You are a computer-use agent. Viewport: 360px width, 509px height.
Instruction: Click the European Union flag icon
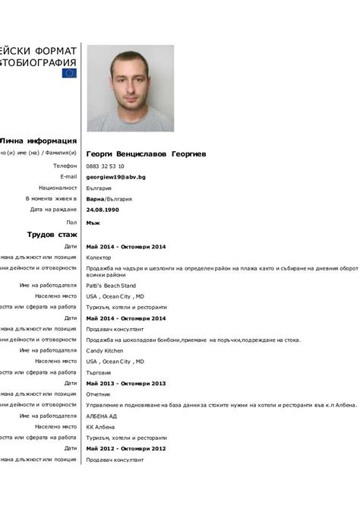tap(69, 74)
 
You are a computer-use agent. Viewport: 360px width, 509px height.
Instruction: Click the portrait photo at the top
tap(130, 88)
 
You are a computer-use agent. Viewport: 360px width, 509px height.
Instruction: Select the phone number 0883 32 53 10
tap(106, 166)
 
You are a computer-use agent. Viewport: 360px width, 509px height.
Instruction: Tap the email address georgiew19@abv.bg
tap(116, 177)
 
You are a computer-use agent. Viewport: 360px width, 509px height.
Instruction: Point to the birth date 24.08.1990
tap(103, 210)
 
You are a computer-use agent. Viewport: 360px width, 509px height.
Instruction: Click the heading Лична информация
tap(39, 141)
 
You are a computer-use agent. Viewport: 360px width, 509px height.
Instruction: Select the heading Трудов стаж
tap(52, 235)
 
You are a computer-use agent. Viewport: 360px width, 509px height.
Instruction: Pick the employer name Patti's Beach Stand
tap(112, 285)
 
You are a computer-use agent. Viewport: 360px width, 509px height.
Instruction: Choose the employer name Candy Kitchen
tap(105, 351)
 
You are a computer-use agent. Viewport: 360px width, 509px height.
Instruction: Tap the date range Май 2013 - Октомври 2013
tap(126, 384)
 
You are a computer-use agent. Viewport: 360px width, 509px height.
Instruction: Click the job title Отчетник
tap(99, 394)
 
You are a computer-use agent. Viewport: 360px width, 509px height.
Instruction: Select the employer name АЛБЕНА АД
tap(102, 416)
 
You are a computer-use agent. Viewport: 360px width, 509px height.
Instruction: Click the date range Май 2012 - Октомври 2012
tap(126, 449)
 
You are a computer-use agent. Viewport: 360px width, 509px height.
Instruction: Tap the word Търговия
tap(99, 373)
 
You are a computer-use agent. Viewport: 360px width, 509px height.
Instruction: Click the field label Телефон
tap(65, 166)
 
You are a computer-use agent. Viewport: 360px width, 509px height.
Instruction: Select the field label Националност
tap(58, 188)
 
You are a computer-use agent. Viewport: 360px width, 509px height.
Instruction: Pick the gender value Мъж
tap(93, 223)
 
